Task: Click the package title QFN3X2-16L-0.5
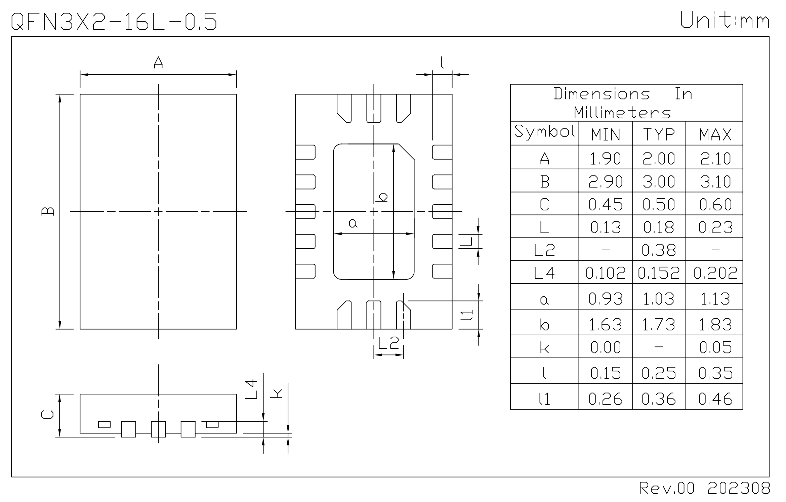click(x=114, y=22)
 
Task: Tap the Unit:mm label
click(x=725, y=20)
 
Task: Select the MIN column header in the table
click(x=606, y=135)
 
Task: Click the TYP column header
click(x=659, y=135)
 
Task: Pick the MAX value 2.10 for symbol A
click(x=715, y=158)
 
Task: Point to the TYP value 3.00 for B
click(x=659, y=181)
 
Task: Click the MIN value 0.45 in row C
click(x=606, y=204)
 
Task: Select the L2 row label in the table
click(x=544, y=250)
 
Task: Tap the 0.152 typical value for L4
click(x=659, y=273)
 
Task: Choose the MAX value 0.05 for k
click(x=715, y=347)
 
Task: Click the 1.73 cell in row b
click(x=659, y=324)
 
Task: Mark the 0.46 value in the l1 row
click(x=715, y=399)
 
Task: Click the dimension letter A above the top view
click(x=158, y=62)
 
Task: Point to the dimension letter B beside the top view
click(x=48, y=211)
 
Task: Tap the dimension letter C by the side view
click(x=47, y=415)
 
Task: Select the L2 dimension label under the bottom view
click(x=388, y=343)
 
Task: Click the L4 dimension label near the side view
click(x=251, y=389)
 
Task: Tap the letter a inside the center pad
click(x=353, y=223)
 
